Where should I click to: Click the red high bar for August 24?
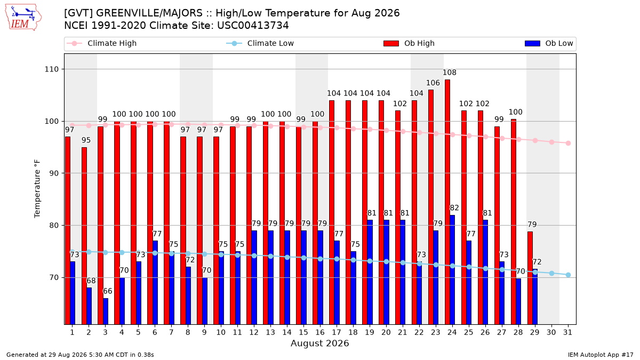pyautogui.click(x=447, y=202)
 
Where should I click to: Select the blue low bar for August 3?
pyautogui.click(x=106, y=311)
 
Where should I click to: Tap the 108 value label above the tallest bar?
pyautogui.click(x=450, y=73)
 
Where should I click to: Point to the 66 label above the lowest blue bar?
pyautogui.click(x=108, y=291)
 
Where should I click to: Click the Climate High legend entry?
pyautogui.click(x=101, y=43)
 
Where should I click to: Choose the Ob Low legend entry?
pyautogui.click(x=549, y=43)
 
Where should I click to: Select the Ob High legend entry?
pyautogui.click(x=409, y=43)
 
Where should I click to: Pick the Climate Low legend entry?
pyautogui.click(x=260, y=43)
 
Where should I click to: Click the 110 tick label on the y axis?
pyautogui.click(x=51, y=69)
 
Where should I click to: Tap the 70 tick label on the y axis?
pyautogui.click(x=54, y=277)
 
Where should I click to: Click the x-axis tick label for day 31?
pyautogui.click(x=567, y=332)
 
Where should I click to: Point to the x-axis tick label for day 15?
pyautogui.click(x=303, y=332)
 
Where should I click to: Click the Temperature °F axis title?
pyautogui.click(x=37, y=189)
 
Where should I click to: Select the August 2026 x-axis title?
pyautogui.click(x=319, y=343)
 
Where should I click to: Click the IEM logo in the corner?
pyautogui.click(x=23, y=18)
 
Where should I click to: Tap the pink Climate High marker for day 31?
pyautogui.click(x=569, y=143)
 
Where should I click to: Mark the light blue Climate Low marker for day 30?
pyautogui.click(x=551, y=274)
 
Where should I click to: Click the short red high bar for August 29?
pyautogui.click(x=530, y=278)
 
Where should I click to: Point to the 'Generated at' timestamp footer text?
pyautogui.click(x=80, y=355)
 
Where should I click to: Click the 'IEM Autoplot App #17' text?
pyautogui.click(x=601, y=355)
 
